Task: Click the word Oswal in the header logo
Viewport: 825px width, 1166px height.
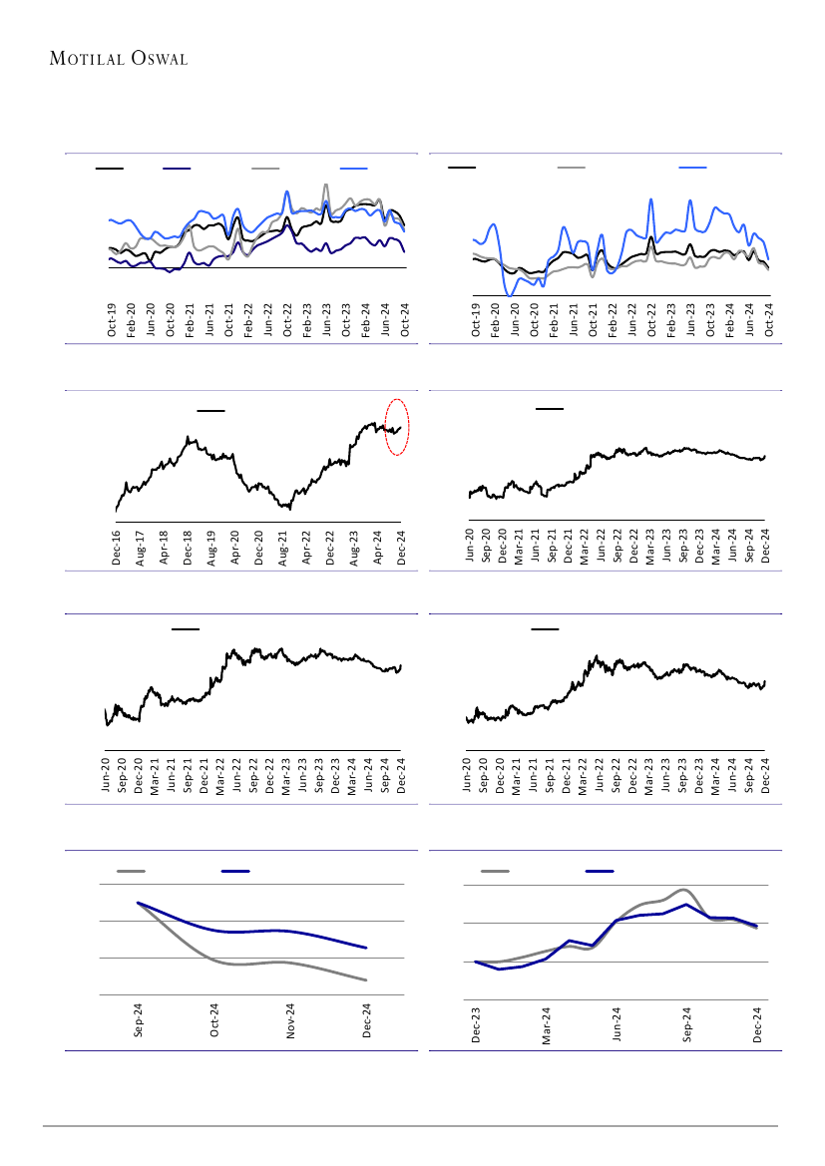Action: coord(156,59)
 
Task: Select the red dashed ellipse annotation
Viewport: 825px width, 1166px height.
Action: coord(397,426)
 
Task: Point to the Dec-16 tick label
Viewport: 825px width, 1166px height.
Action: coord(117,548)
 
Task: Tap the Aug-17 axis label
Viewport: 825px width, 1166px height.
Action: coord(141,548)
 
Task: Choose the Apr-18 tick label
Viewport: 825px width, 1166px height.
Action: coord(165,548)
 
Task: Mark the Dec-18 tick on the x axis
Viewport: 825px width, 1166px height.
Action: coord(189,548)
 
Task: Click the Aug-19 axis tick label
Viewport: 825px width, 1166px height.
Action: coord(212,548)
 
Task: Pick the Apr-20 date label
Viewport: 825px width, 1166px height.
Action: coord(236,548)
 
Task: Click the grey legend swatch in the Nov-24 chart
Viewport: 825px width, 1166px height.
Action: coord(131,871)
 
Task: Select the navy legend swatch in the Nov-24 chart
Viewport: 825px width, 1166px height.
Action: coord(234,871)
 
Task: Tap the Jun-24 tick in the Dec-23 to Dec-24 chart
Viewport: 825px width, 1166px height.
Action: coord(618,1025)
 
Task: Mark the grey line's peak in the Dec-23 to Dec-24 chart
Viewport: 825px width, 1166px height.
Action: coord(683,890)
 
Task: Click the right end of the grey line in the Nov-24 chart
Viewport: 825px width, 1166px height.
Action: coord(368,980)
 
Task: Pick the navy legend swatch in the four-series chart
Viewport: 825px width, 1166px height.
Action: coord(177,169)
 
